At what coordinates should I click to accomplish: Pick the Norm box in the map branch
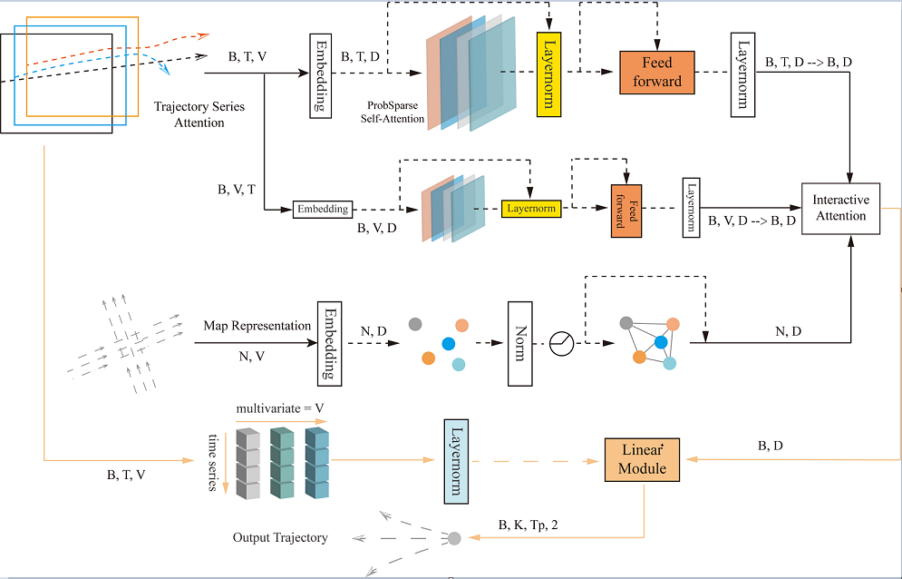pos(519,343)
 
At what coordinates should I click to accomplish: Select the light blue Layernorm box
pos(455,461)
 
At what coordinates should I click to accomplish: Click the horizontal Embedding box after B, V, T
pos(322,209)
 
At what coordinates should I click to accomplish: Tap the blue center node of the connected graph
pos(661,342)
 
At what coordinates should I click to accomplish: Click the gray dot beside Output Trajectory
pos(454,538)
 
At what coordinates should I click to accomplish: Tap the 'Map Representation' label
pos(257,326)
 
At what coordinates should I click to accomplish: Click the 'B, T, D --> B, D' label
pos(808,62)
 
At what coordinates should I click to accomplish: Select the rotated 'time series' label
pos(214,462)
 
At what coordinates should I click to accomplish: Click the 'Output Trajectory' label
pos(279,537)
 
